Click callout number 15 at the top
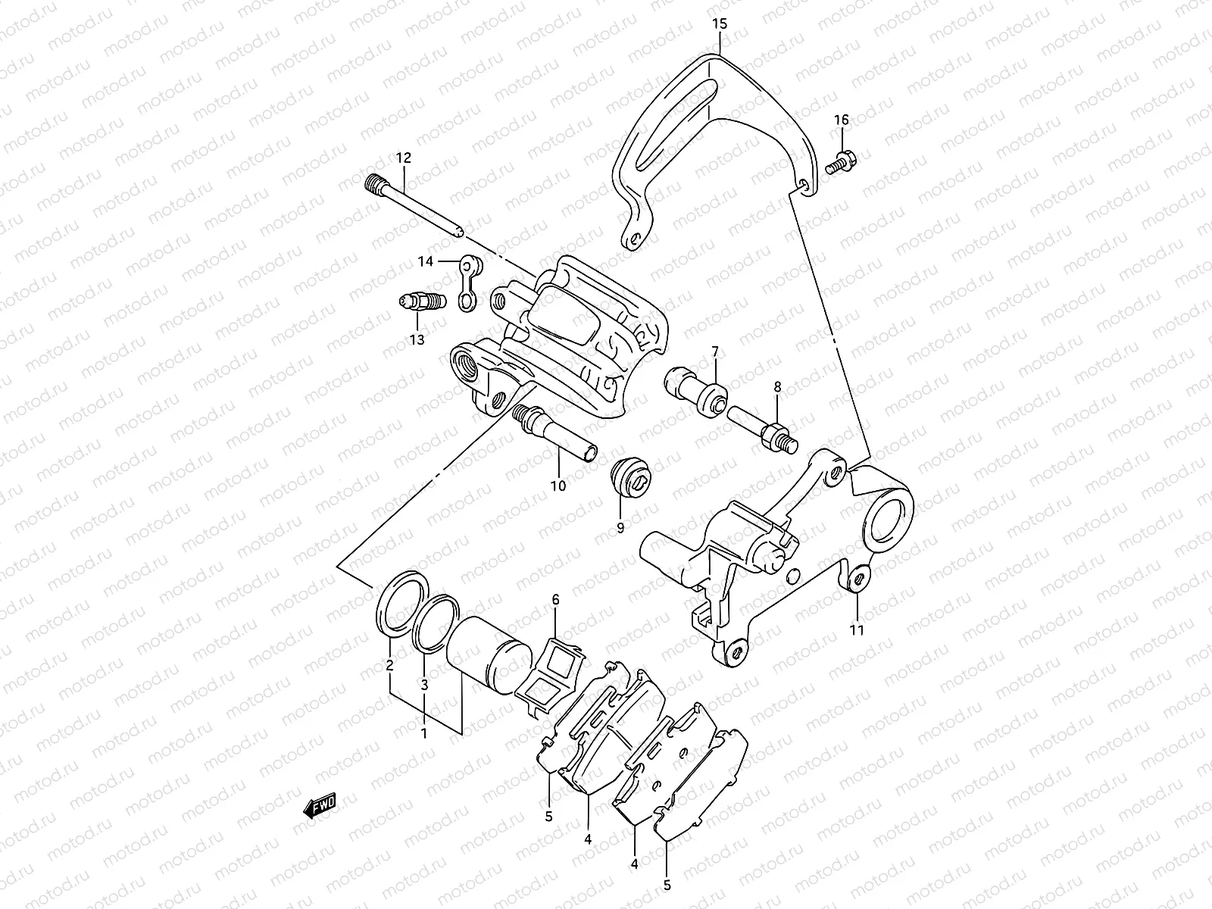tap(720, 23)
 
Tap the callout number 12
tap(403, 158)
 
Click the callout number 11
tap(857, 629)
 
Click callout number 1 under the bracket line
tap(424, 733)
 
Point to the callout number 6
tap(555, 600)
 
